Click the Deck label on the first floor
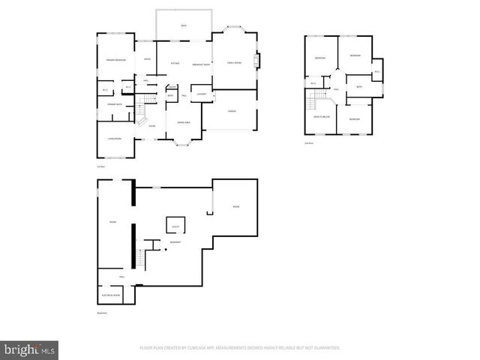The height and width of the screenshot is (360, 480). tap(183, 26)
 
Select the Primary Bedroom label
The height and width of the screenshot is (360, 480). tap(115, 60)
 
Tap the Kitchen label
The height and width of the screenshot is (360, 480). tap(174, 63)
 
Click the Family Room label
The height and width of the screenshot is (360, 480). tap(234, 63)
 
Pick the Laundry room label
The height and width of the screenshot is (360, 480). tap(201, 94)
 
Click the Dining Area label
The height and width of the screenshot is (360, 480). tap(183, 121)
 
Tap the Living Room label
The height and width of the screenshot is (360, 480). tap(115, 139)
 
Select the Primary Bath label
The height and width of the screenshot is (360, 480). tap(114, 104)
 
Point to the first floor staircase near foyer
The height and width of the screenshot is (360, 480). tap(148, 113)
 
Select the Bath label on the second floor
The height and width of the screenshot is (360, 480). tap(359, 87)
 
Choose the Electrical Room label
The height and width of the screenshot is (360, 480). tap(110, 295)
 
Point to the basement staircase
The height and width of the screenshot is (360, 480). tap(139, 259)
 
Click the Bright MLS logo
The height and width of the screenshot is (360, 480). tap(30, 349)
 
